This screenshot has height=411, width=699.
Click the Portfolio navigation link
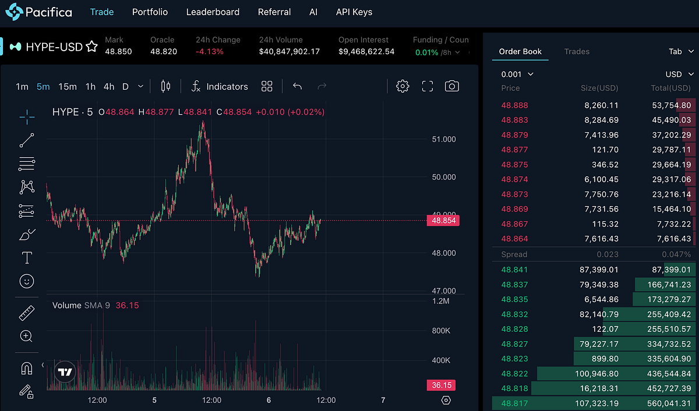click(x=150, y=12)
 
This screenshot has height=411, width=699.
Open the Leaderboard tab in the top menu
click(x=213, y=12)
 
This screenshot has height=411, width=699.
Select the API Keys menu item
click(x=354, y=12)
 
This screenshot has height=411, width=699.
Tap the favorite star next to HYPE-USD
click(x=91, y=47)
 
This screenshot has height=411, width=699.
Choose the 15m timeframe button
click(x=68, y=86)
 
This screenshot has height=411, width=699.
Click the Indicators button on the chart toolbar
click(x=220, y=86)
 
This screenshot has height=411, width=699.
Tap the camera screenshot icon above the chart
click(x=451, y=86)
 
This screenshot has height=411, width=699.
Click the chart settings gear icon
click(x=402, y=86)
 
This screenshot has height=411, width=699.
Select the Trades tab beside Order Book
click(x=577, y=51)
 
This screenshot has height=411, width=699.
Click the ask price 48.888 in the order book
click(x=514, y=105)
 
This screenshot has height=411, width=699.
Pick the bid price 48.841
click(x=514, y=270)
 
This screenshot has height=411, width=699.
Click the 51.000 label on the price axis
click(x=444, y=139)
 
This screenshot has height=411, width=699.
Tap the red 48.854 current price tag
click(x=443, y=221)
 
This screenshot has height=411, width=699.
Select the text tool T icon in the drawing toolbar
click(x=27, y=257)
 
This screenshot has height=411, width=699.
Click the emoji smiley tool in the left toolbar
click(x=27, y=281)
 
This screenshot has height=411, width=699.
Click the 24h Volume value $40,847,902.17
click(x=290, y=51)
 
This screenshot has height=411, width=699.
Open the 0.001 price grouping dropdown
click(x=517, y=74)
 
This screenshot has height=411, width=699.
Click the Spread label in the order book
click(x=514, y=254)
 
